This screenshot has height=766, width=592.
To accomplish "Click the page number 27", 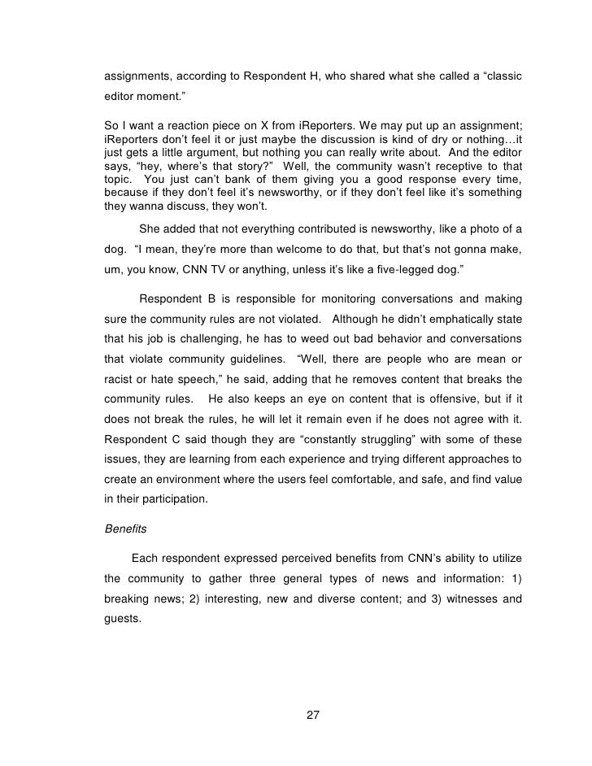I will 312,716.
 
